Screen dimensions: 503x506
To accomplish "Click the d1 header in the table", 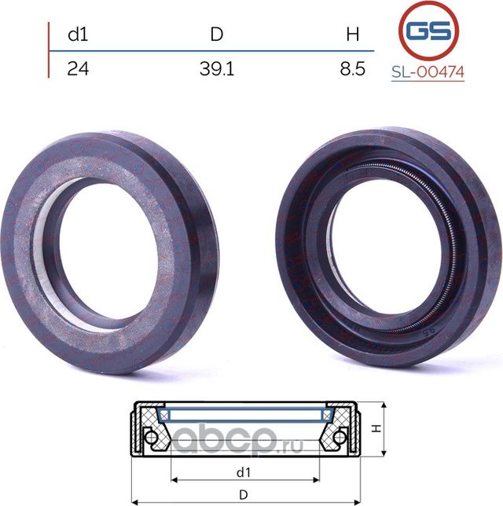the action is [x=78, y=34].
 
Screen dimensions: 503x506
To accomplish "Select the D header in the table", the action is [x=217, y=34].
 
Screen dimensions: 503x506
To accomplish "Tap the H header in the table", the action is [x=353, y=35].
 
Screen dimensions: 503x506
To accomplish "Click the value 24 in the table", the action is [x=78, y=68].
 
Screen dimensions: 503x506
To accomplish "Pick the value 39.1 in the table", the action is [x=217, y=68].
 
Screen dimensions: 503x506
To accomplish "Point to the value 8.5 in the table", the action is [x=353, y=68].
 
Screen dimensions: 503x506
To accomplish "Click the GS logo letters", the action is [x=428, y=31].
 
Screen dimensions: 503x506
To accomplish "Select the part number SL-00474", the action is [x=428, y=72].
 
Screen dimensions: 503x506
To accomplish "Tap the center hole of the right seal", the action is [x=387, y=249].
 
